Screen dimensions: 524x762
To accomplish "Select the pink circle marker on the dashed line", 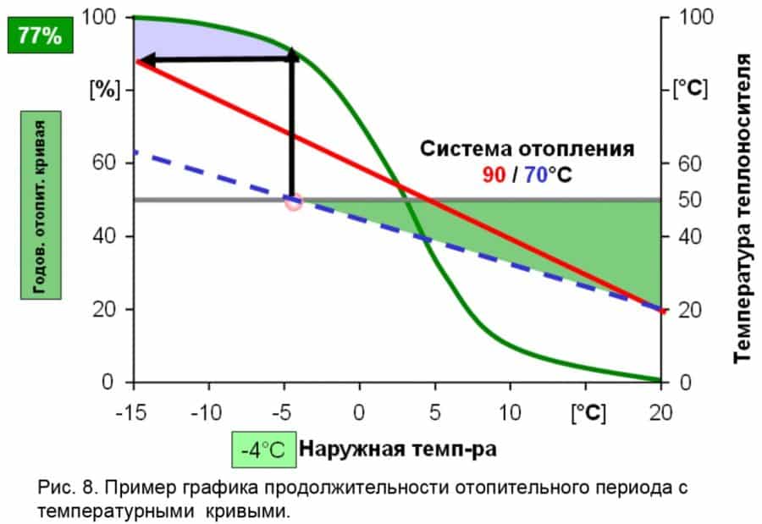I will [x=293, y=201].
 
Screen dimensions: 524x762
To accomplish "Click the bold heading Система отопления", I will [x=527, y=150].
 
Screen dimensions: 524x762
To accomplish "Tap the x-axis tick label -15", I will [x=133, y=412].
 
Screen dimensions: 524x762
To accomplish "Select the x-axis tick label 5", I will [x=433, y=412].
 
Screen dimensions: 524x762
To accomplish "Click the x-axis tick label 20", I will [x=660, y=412].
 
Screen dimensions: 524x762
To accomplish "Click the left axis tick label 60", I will [x=113, y=163].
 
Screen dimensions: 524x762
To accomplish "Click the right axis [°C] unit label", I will [x=690, y=89].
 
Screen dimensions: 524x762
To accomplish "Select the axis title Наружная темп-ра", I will [x=398, y=450].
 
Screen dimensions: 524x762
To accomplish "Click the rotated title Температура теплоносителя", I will [x=742, y=207].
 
